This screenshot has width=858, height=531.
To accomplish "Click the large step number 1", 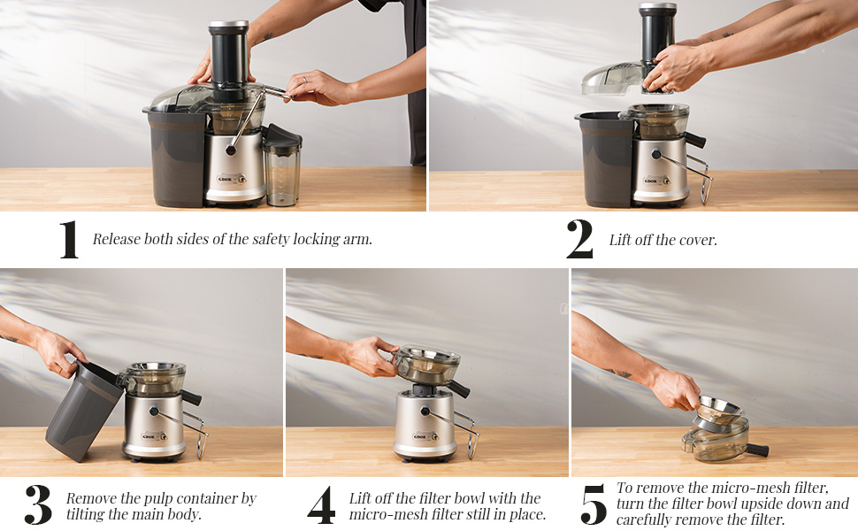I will coord(69,240).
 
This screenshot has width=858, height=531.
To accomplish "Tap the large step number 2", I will coord(579,240).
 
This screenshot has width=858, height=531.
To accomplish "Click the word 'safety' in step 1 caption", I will coord(252,240).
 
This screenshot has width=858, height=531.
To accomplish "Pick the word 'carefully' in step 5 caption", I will coord(645,519).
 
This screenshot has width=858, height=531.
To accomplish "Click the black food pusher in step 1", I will coord(227,53).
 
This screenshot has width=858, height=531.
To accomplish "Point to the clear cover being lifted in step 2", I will coord(610,80).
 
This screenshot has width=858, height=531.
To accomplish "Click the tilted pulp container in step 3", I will coord(84,412).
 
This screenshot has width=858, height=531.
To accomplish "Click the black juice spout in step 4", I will coord(458,389).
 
